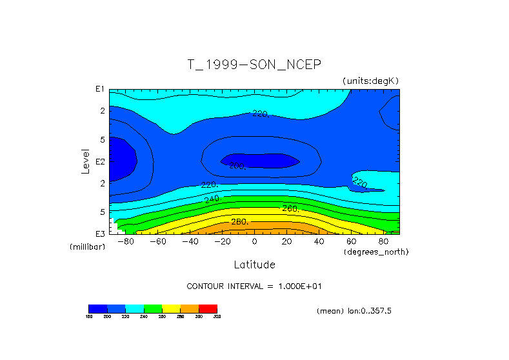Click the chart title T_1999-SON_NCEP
[x=254, y=65]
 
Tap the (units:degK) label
[x=371, y=80]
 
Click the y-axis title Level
[x=86, y=161]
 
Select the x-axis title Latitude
[x=254, y=265]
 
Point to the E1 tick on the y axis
[x=101, y=89]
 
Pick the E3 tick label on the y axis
[x=101, y=233]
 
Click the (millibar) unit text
[x=87, y=247]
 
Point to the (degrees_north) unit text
[x=375, y=251]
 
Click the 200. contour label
[x=237, y=166]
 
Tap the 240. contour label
[x=212, y=199]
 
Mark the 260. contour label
[x=290, y=208]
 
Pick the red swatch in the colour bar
[x=208, y=308]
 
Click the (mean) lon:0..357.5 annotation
[x=354, y=311]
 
